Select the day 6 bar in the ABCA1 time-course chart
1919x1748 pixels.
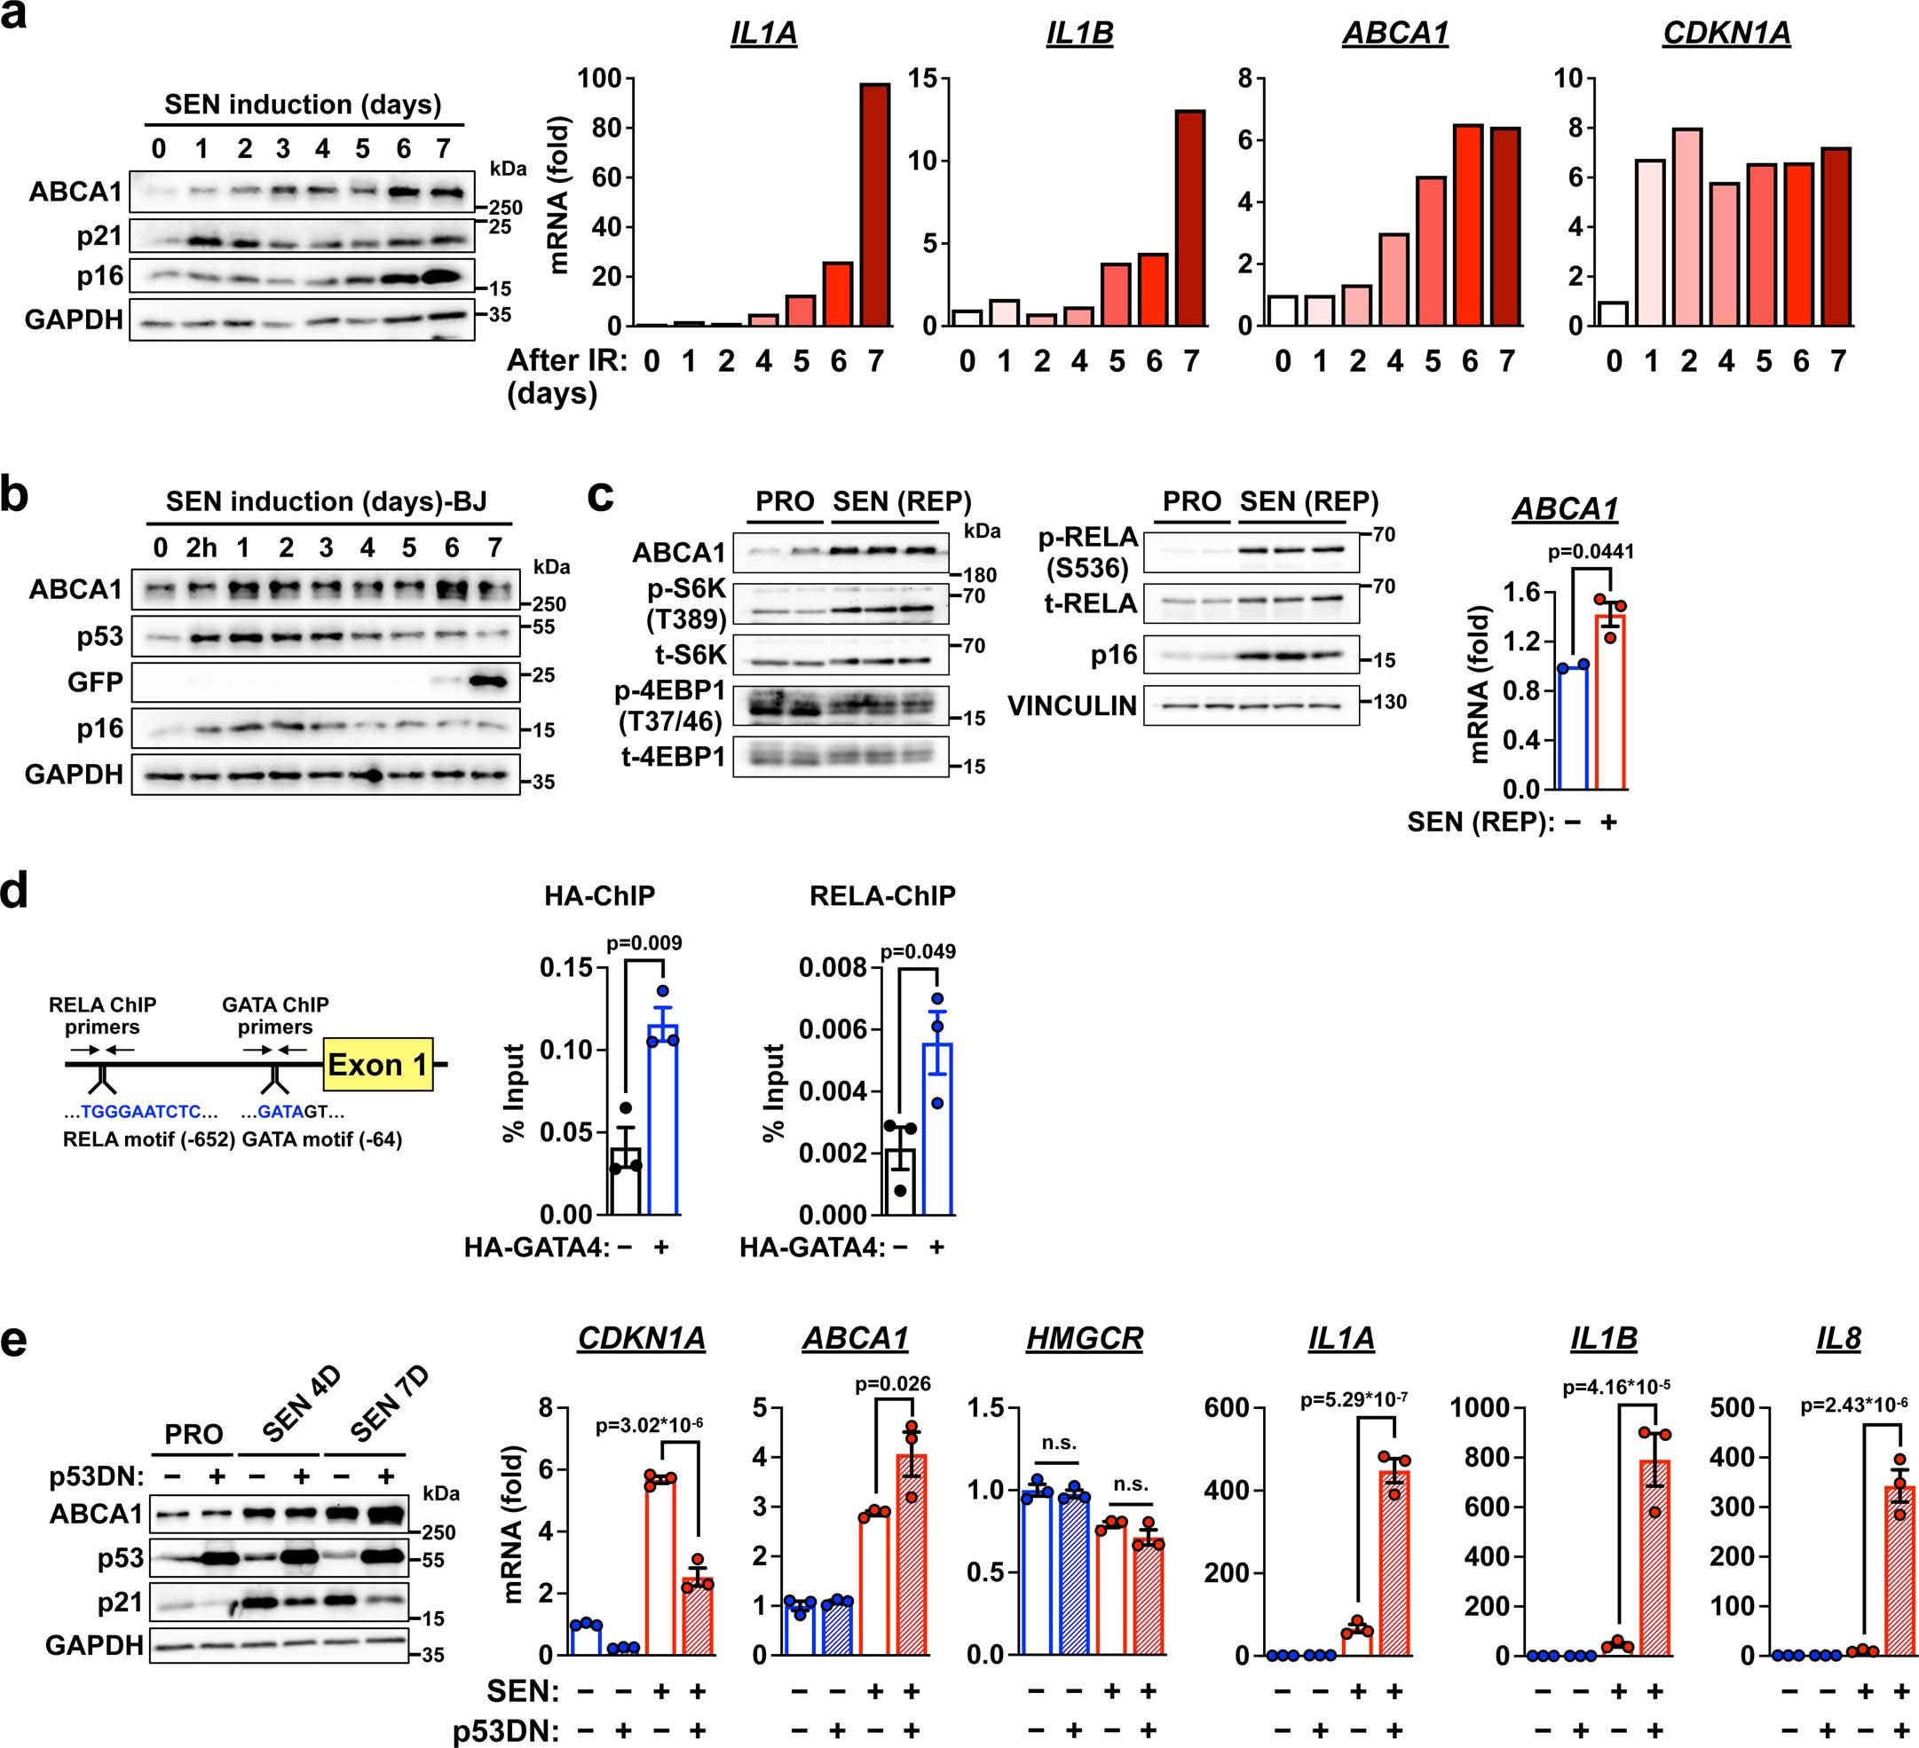click(x=1469, y=225)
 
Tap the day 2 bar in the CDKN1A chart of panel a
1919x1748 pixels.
click(x=1687, y=227)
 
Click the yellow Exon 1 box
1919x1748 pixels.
click(x=378, y=1064)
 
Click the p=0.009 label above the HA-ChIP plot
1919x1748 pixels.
click(x=644, y=943)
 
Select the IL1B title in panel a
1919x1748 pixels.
click(x=1079, y=35)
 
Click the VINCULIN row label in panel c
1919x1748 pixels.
click(x=1072, y=705)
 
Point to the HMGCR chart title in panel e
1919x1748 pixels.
click(x=1084, y=1339)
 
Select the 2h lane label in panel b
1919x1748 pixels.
click(x=201, y=548)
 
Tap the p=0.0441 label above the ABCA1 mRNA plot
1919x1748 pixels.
click(x=1591, y=552)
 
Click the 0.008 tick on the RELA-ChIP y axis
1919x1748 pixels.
click(x=833, y=968)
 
